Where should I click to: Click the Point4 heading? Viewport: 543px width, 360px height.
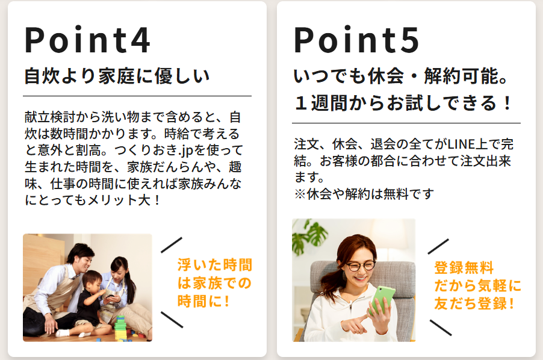tap(88, 40)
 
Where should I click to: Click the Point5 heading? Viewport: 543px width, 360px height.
tap(357, 40)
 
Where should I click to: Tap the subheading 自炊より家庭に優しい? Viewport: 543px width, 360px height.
tap(117, 76)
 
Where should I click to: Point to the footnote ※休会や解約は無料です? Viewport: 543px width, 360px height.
tap(364, 194)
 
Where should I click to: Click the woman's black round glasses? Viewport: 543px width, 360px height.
tap(360, 265)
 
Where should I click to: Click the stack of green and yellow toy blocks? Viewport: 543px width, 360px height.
tap(120, 327)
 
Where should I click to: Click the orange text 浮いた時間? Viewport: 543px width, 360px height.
tap(215, 265)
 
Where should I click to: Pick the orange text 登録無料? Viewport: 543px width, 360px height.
tap(464, 268)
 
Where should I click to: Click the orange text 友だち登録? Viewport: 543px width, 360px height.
tap(474, 303)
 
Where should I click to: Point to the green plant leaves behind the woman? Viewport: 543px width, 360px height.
tap(309, 235)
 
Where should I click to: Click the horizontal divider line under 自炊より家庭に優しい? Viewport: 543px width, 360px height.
tap(137, 96)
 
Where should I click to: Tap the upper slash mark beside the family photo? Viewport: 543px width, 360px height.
tap(172, 245)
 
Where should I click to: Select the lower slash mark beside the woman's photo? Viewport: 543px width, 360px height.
tap(441, 328)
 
